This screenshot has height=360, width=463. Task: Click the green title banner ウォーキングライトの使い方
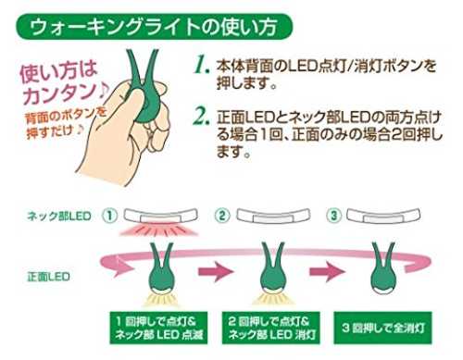click(154, 27)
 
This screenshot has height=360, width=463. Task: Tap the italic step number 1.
click(202, 66)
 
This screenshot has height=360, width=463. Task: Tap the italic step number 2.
click(202, 117)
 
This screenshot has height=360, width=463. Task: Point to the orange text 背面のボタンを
click(66, 118)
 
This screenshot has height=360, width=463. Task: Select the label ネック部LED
click(59, 216)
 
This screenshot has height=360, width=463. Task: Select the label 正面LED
click(48, 277)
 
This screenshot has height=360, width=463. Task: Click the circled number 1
click(110, 216)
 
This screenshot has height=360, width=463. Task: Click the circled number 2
click(222, 216)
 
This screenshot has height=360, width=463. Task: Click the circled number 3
click(333, 216)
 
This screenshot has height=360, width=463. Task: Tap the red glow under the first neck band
click(160, 230)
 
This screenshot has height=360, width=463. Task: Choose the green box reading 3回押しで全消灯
click(382, 328)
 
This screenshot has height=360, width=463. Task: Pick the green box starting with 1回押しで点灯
click(158, 328)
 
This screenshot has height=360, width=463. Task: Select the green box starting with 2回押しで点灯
click(271, 328)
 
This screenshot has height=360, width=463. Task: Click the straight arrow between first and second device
click(216, 272)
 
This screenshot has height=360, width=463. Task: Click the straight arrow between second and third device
click(328, 272)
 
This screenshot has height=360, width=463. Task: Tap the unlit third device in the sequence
click(383, 271)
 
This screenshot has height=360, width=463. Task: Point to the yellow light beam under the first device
click(160, 299)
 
